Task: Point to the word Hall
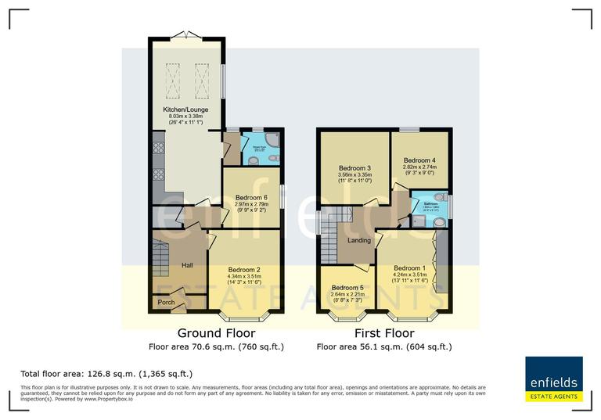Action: (187, 265)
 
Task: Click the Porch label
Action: (166, 302)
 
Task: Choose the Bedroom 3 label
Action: (354, 167)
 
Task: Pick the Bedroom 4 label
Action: (419, 160)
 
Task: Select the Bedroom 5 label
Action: (347, 287)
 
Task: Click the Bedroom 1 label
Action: (410, 267)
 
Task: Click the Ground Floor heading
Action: (216, 332)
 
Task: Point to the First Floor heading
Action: (383, 332)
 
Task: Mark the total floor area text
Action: (106, 374)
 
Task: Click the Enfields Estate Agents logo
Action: (553, 379)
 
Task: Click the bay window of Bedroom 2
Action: (243, 318)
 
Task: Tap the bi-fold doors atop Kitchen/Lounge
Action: (186, 34)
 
